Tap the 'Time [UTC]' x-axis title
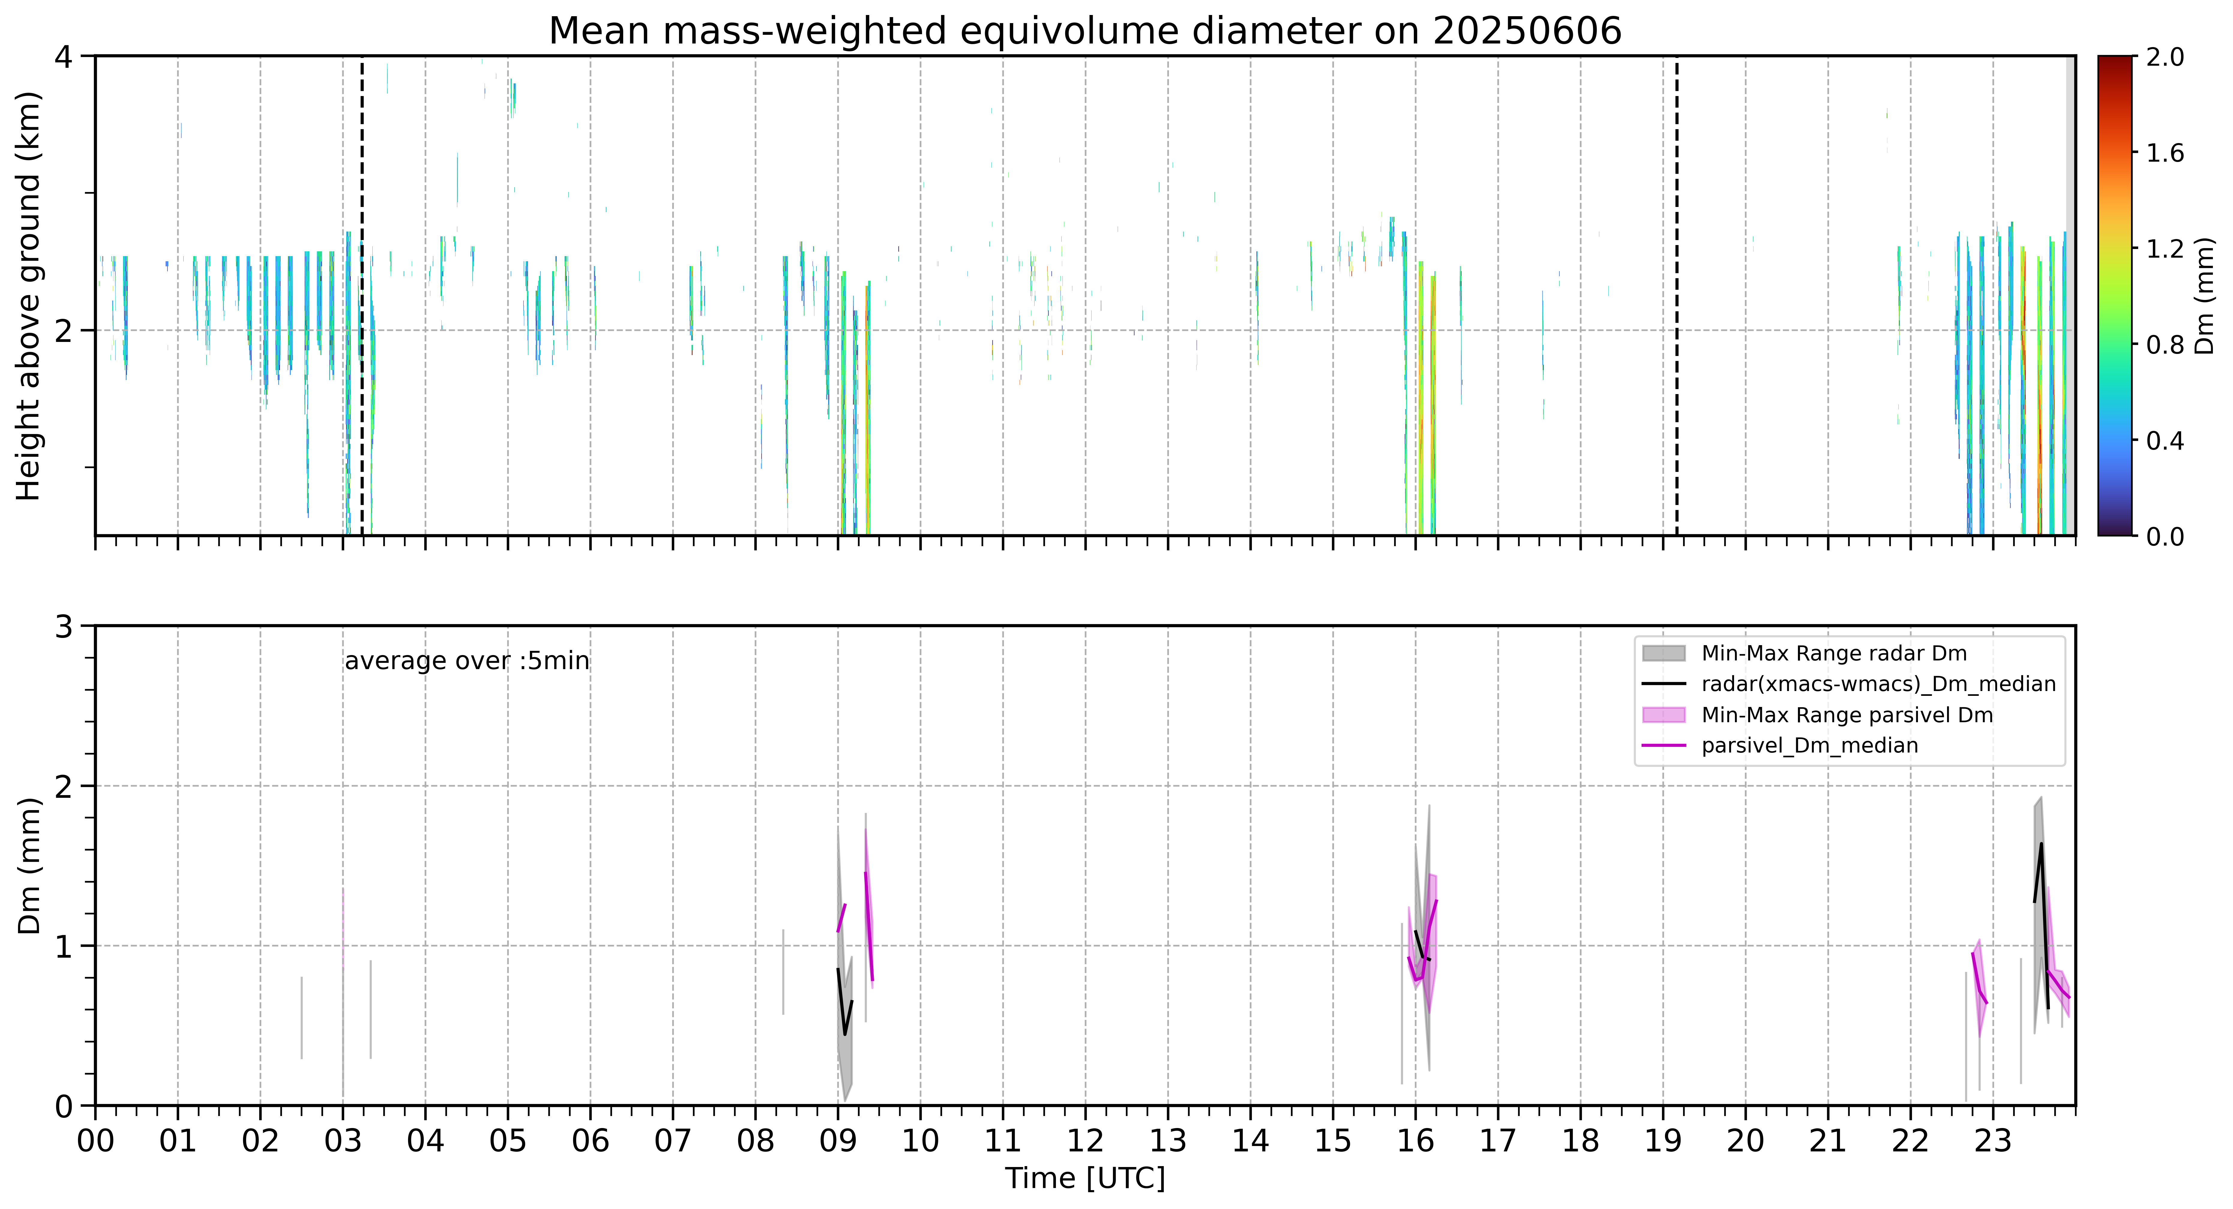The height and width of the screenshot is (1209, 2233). pos(1085,1179)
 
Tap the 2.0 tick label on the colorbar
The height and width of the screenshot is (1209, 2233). pos(2165,57)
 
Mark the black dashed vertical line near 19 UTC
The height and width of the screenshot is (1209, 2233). pos(1676,295)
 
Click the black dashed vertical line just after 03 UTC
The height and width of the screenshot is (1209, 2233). pos(362,295)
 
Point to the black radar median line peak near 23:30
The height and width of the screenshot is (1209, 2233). pos(2042,844)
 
